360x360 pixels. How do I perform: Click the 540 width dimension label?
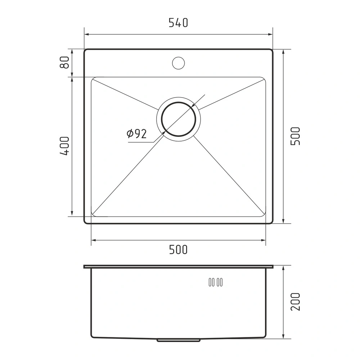coord(178,23)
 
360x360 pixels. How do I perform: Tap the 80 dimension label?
coord(64,62)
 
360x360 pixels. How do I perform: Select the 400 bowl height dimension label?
coord(64,146)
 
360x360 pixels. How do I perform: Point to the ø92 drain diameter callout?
coord(136,134)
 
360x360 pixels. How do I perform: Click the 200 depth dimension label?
coord(295,302)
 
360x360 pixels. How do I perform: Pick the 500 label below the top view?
coord(178,249)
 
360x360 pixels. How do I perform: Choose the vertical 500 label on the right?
coord(295,136)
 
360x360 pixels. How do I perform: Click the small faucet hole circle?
coord(179,63)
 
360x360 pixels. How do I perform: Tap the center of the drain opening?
coord(179,119)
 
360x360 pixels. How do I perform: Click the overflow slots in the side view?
coord(216,282)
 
